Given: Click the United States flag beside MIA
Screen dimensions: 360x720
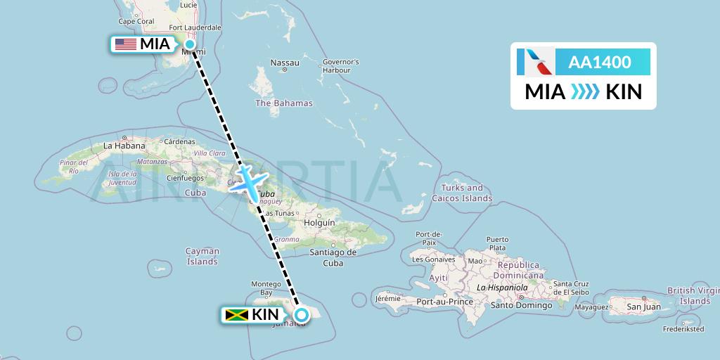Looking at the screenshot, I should tap(126, 44).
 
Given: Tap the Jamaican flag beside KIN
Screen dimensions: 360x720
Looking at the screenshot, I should tap(237, 314).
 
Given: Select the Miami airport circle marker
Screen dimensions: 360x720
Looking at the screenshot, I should tap(189, 44).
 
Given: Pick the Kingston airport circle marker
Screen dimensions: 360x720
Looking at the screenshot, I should tap(302, 314).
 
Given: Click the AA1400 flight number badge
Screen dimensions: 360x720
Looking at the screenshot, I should tap(600, 62).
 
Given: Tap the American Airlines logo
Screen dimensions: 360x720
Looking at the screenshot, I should tap(536, 62).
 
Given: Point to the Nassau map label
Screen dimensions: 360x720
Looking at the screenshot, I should tap(285, 63).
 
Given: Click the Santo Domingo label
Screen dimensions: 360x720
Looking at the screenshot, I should tap(520, 304).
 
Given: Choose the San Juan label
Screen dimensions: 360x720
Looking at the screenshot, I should tap(643, 306).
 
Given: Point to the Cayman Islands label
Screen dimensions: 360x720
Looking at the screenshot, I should tap(202, 256).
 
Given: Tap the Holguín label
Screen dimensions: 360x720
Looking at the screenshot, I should tap(319, 223).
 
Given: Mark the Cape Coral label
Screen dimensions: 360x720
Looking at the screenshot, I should tap(136, 21).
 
